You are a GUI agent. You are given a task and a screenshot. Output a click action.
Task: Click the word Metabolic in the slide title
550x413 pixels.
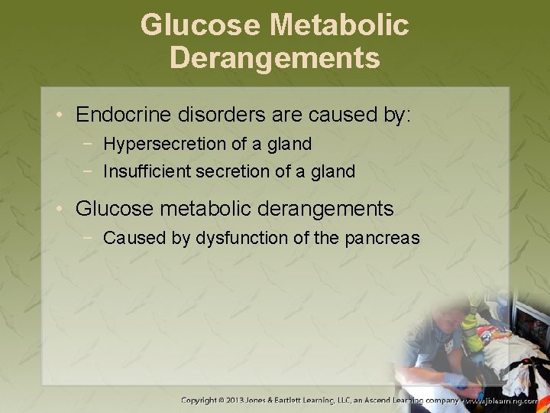click(x=339, y=25)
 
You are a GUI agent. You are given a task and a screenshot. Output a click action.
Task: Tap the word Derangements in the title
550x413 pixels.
click(x=275, y=57)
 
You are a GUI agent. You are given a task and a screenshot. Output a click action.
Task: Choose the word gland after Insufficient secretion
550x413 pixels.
click(x=332, y=171)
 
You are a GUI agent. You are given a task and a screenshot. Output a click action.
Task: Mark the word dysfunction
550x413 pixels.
click(x=241, y=238)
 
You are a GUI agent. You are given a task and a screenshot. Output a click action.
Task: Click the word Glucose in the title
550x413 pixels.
click(x=200, y=25)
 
